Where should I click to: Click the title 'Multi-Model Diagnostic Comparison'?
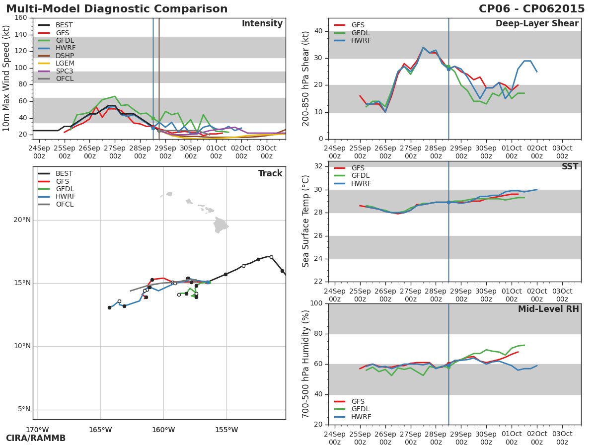click(x=117, y=9)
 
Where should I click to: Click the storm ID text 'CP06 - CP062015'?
click(x=531, y=9)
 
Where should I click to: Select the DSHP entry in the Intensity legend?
click(x=64, y=56)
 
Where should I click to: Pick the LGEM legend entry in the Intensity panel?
click(x=65, y=63)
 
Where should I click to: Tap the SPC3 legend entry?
click(x=64, y=71)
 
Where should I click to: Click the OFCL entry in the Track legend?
click(x=64, y=204)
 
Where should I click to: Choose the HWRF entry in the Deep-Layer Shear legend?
click(x=361, y=40)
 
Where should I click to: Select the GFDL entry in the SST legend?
click(x=361, y=176)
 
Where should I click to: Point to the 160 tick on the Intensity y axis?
click(x=21, y=18)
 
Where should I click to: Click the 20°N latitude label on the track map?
click(x=22, y=220)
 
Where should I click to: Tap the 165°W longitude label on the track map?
click(x=100, y=430)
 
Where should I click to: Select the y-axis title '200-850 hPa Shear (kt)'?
click(x=306, y=78)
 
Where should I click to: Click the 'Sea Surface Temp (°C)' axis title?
click(x=306, y=221)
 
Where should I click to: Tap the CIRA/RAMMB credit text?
click(x=36, y=439)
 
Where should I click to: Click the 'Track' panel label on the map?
click(x=270, y=174)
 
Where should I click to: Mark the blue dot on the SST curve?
click(x=448, y=202)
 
